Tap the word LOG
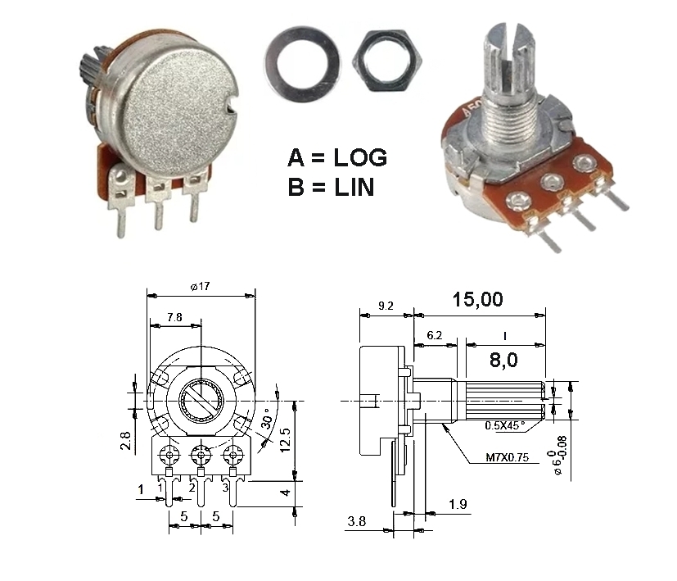(360, 158)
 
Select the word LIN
(354, 188)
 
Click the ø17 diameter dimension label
(200, 286)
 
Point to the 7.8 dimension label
(174, 317)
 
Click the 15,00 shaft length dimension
(477, 300)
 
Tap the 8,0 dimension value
(503, 360)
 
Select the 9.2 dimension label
(386, 306)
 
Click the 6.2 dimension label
(435, 335)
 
